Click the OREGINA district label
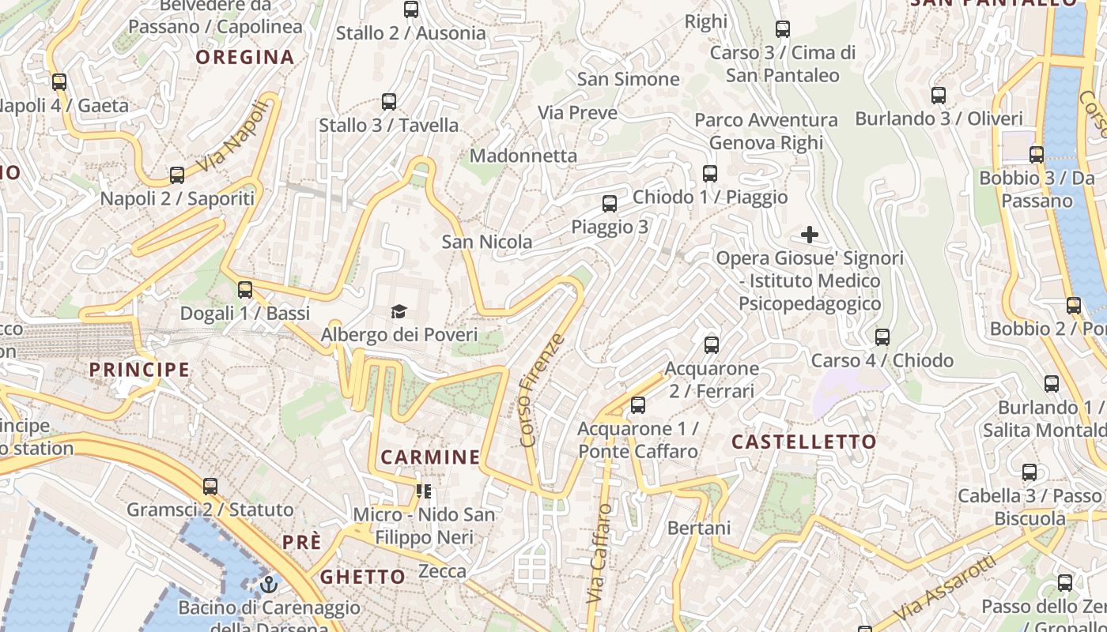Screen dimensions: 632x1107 pyautogui.click(x=245, y=57)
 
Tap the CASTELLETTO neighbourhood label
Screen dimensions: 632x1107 pyautogui.click(x=804, y=442)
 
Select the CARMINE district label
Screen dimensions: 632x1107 pyautogui.click(x=430, y=457)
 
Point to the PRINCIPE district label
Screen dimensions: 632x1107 pyautogui.click(x=139, y=369)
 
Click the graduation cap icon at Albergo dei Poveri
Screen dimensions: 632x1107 pyautogui.click(x=399, y=312)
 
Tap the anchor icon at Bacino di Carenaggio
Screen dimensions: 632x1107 pyautogui.click(x=269, y=585)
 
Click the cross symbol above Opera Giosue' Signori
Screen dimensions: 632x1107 pyautogui.click(x=810, y=235)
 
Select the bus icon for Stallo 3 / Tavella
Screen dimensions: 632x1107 pyautogui.click(x=388, y=102)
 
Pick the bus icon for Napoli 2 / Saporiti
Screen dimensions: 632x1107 pyautogui.click(x=177, y=175)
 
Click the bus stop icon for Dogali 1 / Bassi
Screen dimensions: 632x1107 pyautogui.click(x=245, y=290)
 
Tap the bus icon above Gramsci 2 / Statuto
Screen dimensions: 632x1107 pyautogui.click(x=210, y=487)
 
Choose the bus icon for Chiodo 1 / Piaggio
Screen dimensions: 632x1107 pyautogui.click(x=710, y=174)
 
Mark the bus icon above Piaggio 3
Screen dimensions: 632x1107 pyautogui.click(x=609, y=204)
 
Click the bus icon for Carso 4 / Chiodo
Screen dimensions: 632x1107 pyautogui.click(x=882, y=337)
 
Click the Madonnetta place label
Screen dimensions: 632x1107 pyautogui.click(x=523, y=156)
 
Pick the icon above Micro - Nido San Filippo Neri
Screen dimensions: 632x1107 pyautogui.click(x=424, y=492)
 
